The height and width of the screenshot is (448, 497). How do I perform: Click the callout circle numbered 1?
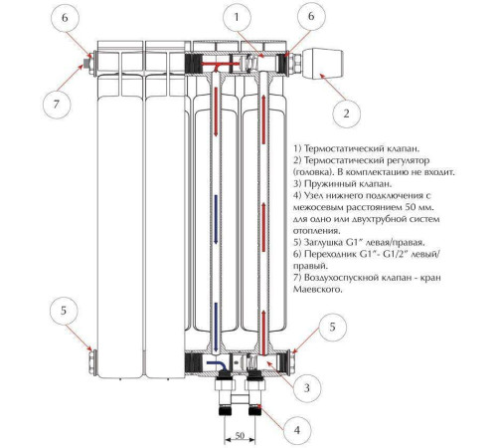click(237, 18)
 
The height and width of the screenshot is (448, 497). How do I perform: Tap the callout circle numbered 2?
click(346, 113)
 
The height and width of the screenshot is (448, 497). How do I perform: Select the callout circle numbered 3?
click(307, 387)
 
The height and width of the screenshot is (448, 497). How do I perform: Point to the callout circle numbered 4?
click(297, 430)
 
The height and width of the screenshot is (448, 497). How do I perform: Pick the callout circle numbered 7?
click(57, 105)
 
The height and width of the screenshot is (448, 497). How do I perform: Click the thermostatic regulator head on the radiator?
click(323, 63)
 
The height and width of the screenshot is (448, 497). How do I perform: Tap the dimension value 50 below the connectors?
click(240, 435)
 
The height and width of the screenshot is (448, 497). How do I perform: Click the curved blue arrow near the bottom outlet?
click(217, 365)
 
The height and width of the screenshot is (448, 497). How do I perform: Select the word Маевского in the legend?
click(317, 290)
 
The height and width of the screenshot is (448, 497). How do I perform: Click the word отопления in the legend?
click(317, 231)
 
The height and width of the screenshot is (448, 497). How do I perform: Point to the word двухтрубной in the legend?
click(388, 219)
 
